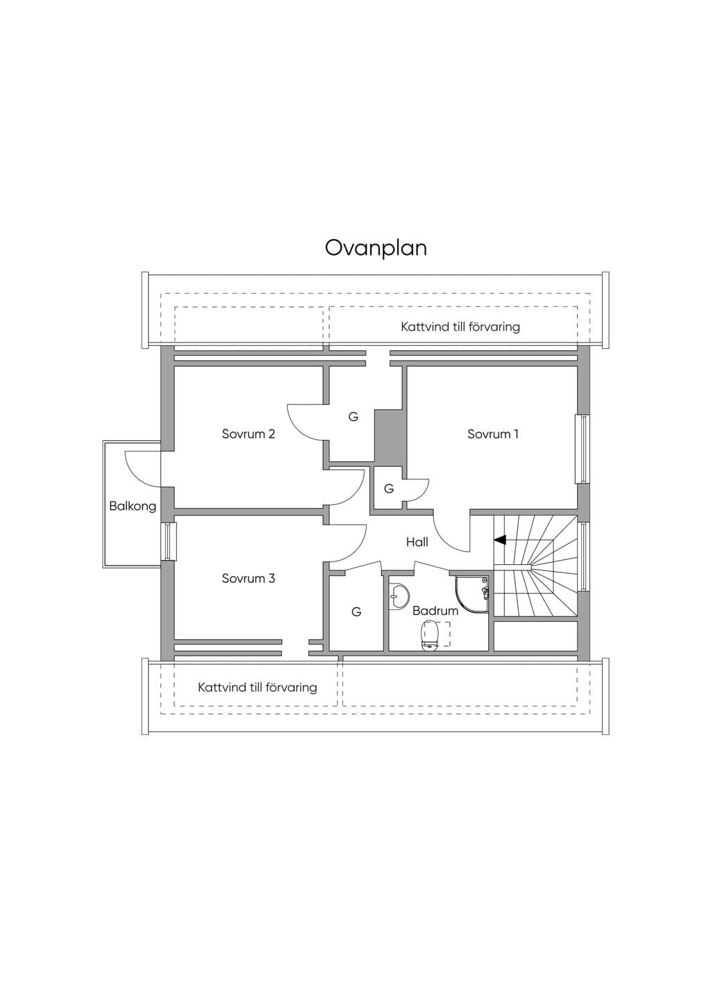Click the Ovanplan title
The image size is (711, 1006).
pyautogui.click(x=376, y=248)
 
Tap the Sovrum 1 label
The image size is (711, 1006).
pyautogui.click(x=493, y=434)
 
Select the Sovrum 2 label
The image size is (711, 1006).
pyautogui.click(x=248, y=434)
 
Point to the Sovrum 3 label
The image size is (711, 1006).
pyautogui.click(x=248, y=578)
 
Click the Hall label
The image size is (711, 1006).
pyautogui.click(x=417, y=542)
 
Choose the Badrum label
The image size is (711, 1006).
pyautogui.click(x=435, y=611)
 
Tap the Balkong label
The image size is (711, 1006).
pyautogui.click(x=133, y=506)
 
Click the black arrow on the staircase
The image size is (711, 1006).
pyautogui.click(x=500, y=540)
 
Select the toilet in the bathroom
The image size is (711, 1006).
pyautogui.click(x=430, y=634)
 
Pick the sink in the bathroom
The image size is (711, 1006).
pyautogui.click(x=398, y=596)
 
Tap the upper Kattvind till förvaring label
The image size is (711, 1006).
pyautogui.click(x=460, y=327)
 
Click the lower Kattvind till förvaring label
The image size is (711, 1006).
pyautogui.click(x=257, y=687)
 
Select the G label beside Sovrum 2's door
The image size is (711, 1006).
pyautogui.click(x=353, y=417)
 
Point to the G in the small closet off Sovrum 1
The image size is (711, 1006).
pyautogui.click(x=389, y=488)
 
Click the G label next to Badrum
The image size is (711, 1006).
pyautogui.click(x=356, y=611)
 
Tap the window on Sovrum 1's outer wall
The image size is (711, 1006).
pyautogui.click(x=583, y=449)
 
